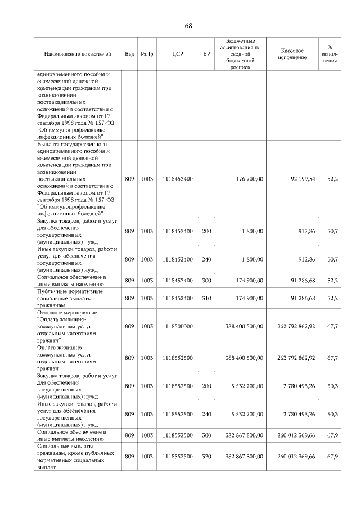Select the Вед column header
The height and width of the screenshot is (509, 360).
tap(129, 54)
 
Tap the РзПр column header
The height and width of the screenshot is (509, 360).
tap(147, 54)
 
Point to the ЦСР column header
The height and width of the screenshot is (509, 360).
tap(177, 54)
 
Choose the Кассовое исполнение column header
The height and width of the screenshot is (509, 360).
tap(292, 54)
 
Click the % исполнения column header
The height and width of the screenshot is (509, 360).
tap(329, 54)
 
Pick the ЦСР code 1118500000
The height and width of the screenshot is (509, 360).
tap(177, 326)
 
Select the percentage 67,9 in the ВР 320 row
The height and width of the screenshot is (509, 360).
tap(331, 457)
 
